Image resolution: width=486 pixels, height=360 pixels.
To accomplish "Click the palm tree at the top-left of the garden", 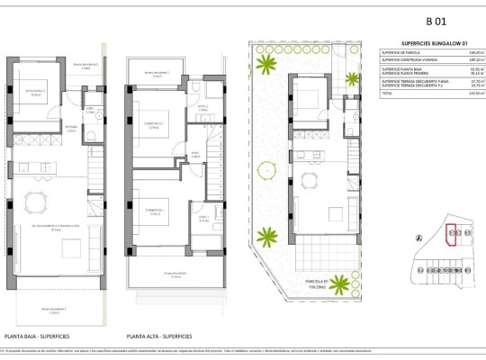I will (x=266, y=64).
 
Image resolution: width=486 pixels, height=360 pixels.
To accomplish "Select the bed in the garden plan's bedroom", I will (x=309, y=96).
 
